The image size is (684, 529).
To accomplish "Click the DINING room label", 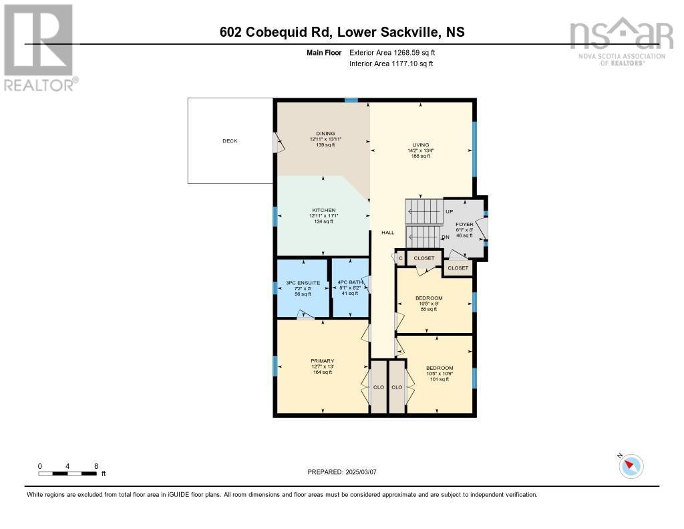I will tap(326, 133).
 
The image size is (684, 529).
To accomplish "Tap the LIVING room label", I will tap(420, 145).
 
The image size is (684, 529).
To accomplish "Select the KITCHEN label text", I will tap(323, 210).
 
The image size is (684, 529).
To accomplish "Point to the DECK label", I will tap(230, 141).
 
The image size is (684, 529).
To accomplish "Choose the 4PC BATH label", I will tap(351, 282).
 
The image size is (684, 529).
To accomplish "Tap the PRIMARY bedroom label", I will tap(322, 361).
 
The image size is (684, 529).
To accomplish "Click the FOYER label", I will tap(464, 225).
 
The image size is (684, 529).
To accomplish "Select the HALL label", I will tap(388, 233).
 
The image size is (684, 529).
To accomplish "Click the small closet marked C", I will tap(400, 258).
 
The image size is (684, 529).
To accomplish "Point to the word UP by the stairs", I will tap(450, 212).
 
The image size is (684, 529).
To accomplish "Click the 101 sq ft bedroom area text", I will tap(440, 379).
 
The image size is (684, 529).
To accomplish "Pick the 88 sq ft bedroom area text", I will tap(428, 309).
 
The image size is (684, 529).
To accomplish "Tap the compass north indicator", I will tap(631, 465).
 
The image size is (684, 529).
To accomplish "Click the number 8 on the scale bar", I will tap(96, 466).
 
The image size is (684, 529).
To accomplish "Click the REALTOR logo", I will tap(39, 47).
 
